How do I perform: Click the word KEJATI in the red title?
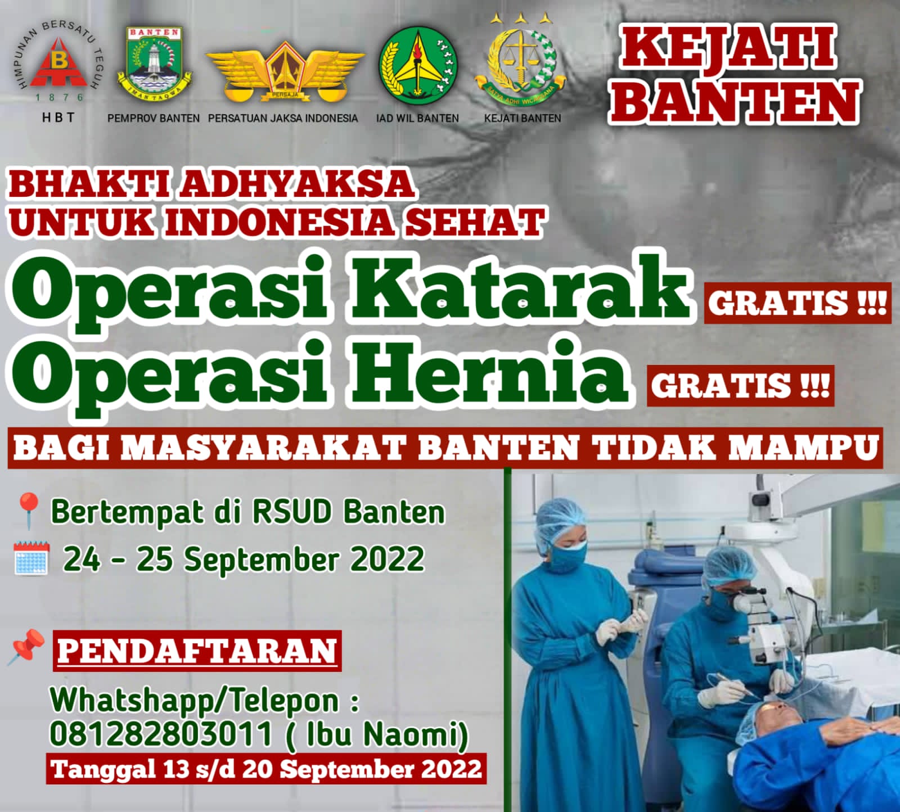pyautogui.click(x=728, y=49)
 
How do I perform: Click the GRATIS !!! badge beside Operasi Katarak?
pyautogui.click(x=798, y=303)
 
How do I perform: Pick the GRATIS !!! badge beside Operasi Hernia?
pyautogui.click(x=740, y=386)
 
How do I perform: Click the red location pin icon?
pyautogui.click(x=28, y=511)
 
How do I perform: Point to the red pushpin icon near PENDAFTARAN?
pyautogui.click(x=26, y=647)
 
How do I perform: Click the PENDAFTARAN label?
pyautogui.click(x=197, y=651)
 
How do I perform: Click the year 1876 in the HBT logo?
pyautogui.click(x=58, y=97)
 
